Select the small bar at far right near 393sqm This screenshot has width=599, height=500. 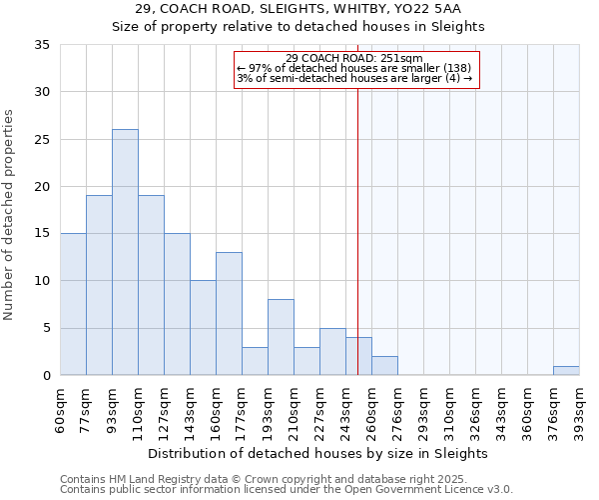pyautogui.click(x=566, y=371)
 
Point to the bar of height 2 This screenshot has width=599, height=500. pyautogui.click(x=384, y=366)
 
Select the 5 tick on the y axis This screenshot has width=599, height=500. pyautogui.click(x=46, y=329)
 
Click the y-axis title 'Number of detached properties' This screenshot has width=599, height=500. pyautogui.click(x=10, y=215)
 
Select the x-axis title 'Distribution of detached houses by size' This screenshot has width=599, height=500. pyautogui.click(x=319, y=454)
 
